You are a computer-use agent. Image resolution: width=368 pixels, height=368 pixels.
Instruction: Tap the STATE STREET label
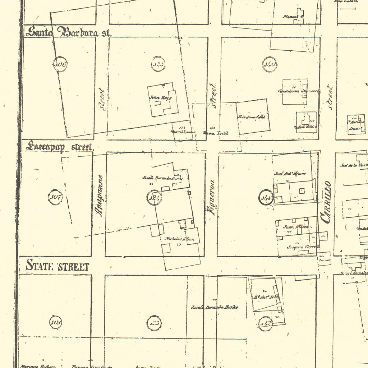[57, 267]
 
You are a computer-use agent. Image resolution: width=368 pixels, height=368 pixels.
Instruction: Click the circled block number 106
[60, 65]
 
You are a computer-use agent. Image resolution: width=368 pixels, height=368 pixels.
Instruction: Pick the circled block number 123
[158, 64]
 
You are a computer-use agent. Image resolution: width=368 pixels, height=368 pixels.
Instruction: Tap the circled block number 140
[269, 65]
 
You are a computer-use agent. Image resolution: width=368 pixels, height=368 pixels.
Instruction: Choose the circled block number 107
[55, 197]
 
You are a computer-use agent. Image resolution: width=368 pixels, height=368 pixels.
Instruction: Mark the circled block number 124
[154, 198]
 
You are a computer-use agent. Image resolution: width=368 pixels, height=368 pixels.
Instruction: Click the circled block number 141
[266, 197]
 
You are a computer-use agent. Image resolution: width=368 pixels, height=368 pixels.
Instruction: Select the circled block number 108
[56, 322]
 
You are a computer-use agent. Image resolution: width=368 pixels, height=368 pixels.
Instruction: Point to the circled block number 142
[265, 323]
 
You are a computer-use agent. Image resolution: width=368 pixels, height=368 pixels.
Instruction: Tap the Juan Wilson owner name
[291, 227]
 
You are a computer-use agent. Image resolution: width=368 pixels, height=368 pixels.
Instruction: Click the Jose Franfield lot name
[252, 117]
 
